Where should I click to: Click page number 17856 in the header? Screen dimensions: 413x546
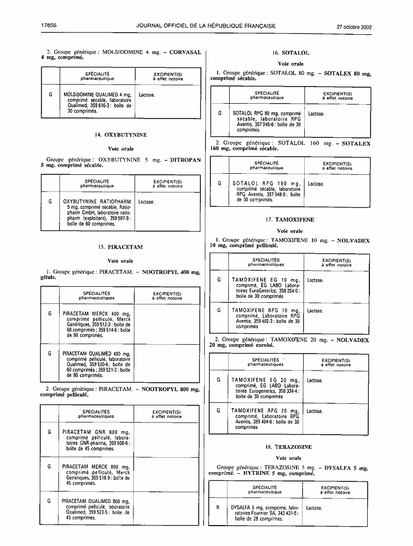(x=49, y=25)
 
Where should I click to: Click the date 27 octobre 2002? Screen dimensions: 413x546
(x=354, y=27)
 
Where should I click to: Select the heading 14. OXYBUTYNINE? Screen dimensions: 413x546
(x=121, y=135)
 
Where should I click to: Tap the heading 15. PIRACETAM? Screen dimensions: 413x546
(x=120, y=247)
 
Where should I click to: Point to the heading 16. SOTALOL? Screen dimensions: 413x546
(x=290, y=53)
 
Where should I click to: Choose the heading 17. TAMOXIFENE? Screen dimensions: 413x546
(x=290, y=220)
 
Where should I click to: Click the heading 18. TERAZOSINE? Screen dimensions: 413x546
(x=289, y=447)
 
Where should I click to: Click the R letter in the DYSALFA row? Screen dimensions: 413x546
(x=218, y=507)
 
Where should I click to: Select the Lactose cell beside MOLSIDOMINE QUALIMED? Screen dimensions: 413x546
(x=147, y=95)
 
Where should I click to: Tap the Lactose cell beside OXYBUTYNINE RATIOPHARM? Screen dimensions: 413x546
(x=146, y=202)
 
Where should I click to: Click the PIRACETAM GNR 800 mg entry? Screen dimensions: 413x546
(x=96, y=440)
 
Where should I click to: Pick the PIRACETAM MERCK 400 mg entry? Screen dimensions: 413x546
(x=97, y=324)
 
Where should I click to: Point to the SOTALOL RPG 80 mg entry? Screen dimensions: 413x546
(x=267, y=121)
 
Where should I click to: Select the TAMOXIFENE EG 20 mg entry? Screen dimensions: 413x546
(x=265, y=388)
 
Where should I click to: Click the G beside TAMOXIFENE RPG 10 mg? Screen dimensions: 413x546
(x=219, y=310)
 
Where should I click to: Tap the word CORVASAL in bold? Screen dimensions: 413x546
(x=185, y=52)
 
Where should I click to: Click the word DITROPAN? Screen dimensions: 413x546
(x=186, y=160)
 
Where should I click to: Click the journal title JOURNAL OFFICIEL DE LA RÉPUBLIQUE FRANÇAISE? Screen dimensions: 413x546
(x=206, y=26)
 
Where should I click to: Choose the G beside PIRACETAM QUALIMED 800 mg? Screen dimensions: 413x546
(x=49, y=501)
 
